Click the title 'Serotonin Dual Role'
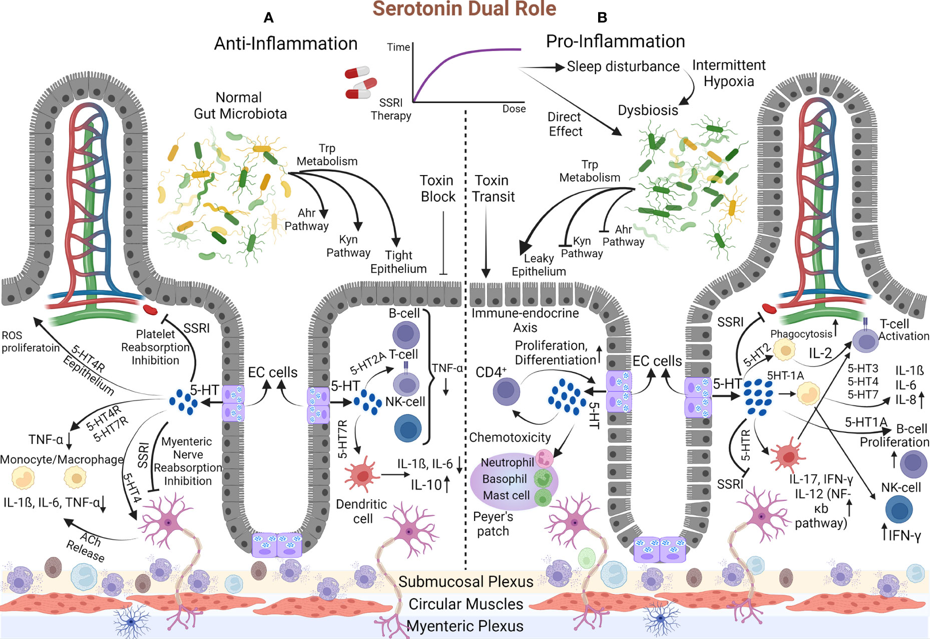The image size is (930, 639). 464,9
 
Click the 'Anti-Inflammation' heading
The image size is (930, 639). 286,44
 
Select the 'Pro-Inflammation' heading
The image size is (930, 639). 615,41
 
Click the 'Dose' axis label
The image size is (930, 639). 514,109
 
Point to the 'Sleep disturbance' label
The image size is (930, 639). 623,67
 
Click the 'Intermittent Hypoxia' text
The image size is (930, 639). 729,73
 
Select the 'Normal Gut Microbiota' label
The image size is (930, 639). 240,106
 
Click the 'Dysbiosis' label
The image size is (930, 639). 648,110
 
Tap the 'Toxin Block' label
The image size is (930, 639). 437,189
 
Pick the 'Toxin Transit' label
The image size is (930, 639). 493,189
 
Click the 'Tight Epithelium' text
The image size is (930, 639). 398,262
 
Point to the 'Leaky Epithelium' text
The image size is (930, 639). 539,265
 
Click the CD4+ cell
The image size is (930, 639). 506,391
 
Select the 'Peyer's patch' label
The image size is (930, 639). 493,524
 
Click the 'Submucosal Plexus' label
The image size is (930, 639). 466,581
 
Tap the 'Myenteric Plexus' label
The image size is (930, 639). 465,626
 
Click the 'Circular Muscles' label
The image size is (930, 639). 466,604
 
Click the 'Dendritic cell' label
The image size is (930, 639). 361,511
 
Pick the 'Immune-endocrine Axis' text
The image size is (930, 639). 525,320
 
